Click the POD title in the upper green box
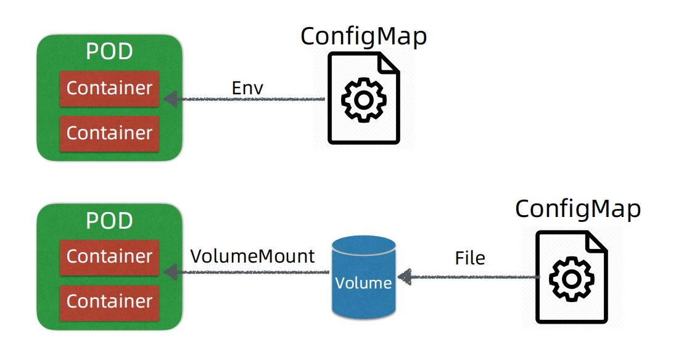coord(109,52)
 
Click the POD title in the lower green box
coord(109,220)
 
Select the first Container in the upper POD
coord(109,88)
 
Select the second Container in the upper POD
coord(109,133)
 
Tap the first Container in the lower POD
coord(109,256)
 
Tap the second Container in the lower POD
coord(109,301)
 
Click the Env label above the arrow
coord(247,88)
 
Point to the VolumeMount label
coord(252,256)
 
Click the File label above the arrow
coord(470,258)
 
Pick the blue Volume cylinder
coord(363,277)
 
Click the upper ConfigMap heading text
coord(363,37)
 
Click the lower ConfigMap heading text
coord(578,209)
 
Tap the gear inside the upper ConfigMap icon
coord(363,99)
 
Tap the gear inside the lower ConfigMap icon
coord(571,279)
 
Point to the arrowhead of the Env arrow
coord(169,99)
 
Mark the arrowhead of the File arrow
coord(404,277)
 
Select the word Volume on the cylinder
coord(363,283)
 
